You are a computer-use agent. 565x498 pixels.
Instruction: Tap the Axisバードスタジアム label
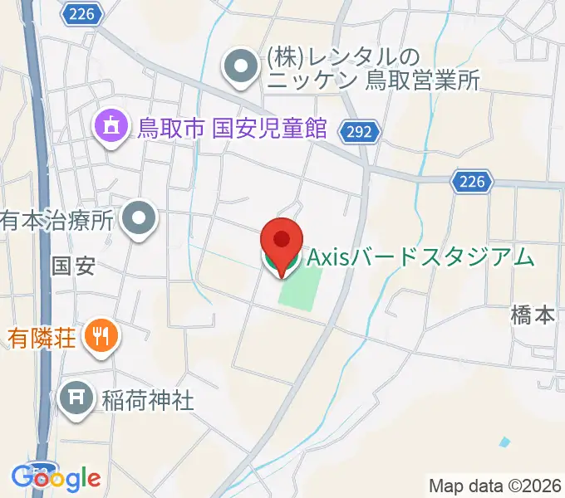[x=420, y=257]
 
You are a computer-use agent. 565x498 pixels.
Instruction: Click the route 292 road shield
[x=361, y=131]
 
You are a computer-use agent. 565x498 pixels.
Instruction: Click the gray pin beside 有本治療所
[x=139, y=220]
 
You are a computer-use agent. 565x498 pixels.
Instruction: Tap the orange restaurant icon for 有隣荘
[x=104, y=335]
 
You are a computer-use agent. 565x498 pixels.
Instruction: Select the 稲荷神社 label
[x=149, y=401]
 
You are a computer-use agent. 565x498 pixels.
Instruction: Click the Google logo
[x=56, y=478]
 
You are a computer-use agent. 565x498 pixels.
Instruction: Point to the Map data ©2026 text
[x=494, y=486]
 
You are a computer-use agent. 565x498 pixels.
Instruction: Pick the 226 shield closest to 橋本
[x=474, y=180]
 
